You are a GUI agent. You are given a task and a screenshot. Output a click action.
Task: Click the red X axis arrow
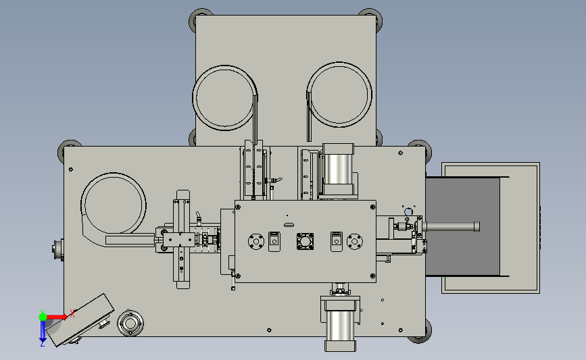coord(56,317)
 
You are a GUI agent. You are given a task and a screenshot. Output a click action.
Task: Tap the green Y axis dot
coord(43,317)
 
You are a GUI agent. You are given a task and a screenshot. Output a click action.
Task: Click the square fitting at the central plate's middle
coord(305,241)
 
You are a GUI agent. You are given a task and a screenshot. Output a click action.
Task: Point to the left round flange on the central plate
coord(256,241)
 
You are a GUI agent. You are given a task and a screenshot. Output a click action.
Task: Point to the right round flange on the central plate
coord(355,241)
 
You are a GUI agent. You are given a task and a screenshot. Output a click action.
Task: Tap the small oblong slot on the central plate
coord(289,225)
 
